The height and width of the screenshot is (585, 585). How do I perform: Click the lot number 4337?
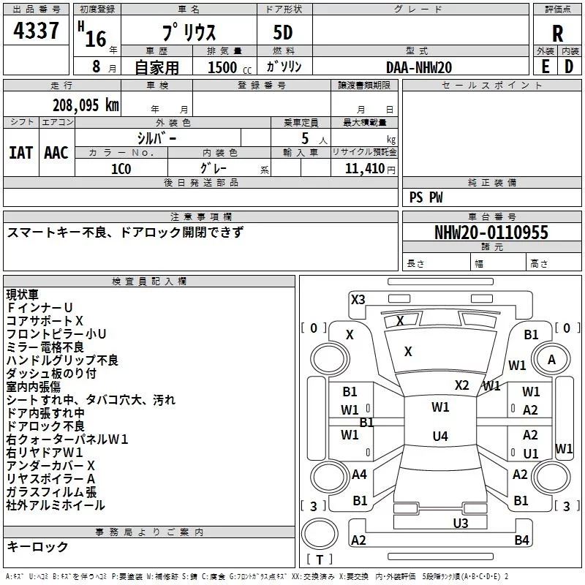click(x=36, y=31)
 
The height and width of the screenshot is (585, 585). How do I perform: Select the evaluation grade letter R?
click(x=557, y=34)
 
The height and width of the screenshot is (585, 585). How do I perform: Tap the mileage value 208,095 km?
click(x=86, y=105)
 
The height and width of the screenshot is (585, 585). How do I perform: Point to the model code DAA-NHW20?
click(x=419, y=67)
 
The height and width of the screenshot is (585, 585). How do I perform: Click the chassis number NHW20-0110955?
click(x=491, y=233)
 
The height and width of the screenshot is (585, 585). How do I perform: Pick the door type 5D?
click(x=283, y=33)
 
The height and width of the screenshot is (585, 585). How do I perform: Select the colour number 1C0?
click(x=121, y=169)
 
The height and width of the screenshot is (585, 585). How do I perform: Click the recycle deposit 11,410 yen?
click(x=370, y=169)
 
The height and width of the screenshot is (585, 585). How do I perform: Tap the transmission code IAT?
click(x=21, y=153)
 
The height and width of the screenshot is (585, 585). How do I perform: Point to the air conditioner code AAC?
click(x=56, y=153)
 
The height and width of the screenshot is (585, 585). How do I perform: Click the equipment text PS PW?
click(x=426, y=197)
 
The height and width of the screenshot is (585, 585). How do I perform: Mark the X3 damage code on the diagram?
click(x=358, y=300)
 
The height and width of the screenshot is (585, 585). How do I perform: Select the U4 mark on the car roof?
click(x=440, y=436)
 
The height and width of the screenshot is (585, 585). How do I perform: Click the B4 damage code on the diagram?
click(x=521, y=540)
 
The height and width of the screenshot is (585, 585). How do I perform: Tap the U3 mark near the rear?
click(x=461, y=524)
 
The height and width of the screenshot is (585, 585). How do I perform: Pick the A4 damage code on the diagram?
click(x=359, y=475)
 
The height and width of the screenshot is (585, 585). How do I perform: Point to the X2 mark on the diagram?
click(x=461, y=385)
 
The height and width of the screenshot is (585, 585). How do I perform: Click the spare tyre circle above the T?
click(x=320, y=534)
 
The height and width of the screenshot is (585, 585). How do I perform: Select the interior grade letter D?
click(x=569, y=67)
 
